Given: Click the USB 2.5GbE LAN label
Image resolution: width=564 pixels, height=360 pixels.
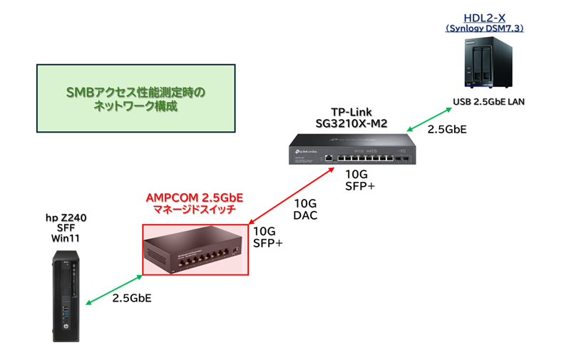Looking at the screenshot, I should click(488, 101).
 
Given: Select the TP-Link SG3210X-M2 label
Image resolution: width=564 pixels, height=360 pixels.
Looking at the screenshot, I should click(351, 118).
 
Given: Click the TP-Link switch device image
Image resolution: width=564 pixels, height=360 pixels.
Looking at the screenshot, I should click(350, 151).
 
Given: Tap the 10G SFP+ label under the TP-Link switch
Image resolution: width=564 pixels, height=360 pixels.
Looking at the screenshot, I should click(360, 180).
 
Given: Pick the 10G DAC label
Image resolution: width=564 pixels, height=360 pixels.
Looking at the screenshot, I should click(305, 209).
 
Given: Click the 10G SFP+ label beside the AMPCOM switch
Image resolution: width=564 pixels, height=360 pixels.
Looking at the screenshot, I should click(268, 237).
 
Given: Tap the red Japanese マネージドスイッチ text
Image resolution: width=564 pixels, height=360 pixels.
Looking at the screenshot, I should click(195, 210).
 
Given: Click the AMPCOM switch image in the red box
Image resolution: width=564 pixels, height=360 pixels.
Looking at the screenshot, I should click(195, 250).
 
